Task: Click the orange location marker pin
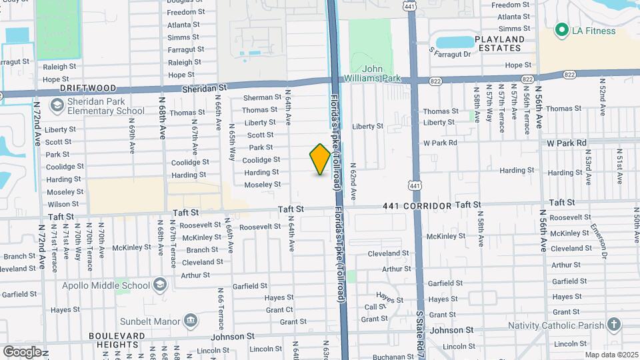[320, 159]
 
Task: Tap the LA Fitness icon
[561, 30]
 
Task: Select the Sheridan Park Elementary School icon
[57, 105]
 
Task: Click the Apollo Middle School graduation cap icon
[159, 285]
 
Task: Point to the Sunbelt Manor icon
[190, 320]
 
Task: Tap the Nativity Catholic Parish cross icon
[614, 325]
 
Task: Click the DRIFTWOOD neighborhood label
[88, 88]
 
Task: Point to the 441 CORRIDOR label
[417, 207]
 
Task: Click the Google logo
[22, 351]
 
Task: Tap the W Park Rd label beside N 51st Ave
[567, 143]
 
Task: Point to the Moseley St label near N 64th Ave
[262, 185]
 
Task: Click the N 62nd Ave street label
[353, 179]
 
